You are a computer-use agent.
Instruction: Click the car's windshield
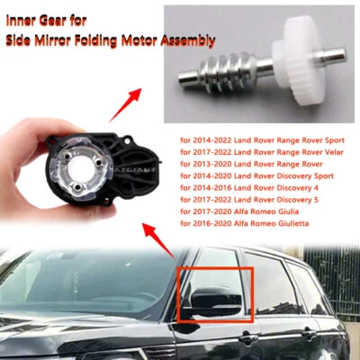pyautogui.click(x=81, y=279)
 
